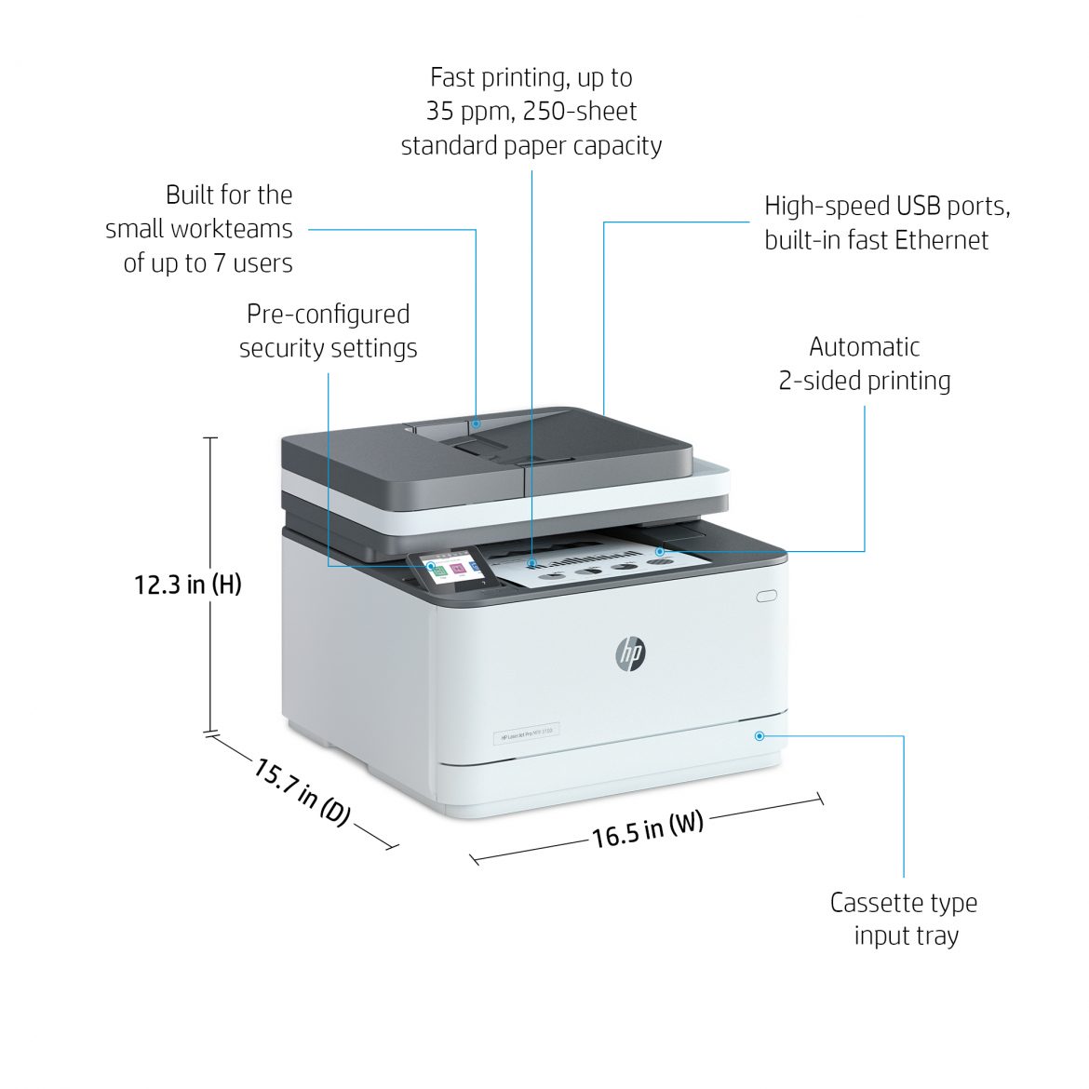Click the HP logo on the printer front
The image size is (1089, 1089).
630,653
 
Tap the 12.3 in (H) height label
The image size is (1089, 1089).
187,585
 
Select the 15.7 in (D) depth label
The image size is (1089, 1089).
302,792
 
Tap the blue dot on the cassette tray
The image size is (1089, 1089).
760,735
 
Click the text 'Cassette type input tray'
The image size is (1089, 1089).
904,919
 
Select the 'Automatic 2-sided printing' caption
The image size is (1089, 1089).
864,364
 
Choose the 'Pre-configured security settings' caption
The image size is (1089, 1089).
328,331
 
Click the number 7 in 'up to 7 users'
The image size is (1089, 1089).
220,263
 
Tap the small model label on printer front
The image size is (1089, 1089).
526,733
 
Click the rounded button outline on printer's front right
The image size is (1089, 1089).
766,596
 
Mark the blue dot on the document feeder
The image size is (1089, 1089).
476,423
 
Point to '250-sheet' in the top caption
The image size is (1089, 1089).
580,112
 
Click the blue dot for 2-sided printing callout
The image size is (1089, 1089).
659,551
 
